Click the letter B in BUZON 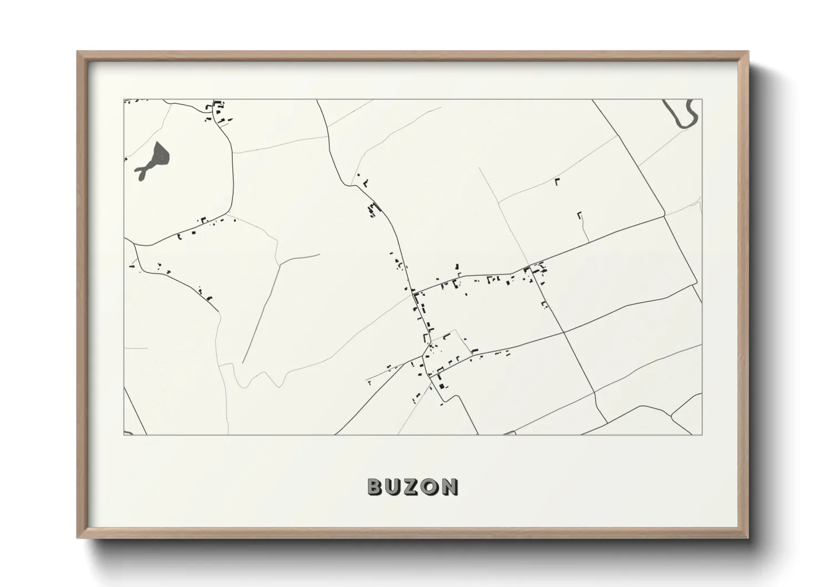coord(376,487)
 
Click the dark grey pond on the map coord(161,154)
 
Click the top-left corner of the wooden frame coord(78,52)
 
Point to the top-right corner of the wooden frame coord(747,52)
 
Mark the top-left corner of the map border coord(124,100)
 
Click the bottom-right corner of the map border coord(702,434)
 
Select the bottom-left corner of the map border coord(124,434)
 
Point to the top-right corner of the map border coord(702,100)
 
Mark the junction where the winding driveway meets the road coord(588,241)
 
